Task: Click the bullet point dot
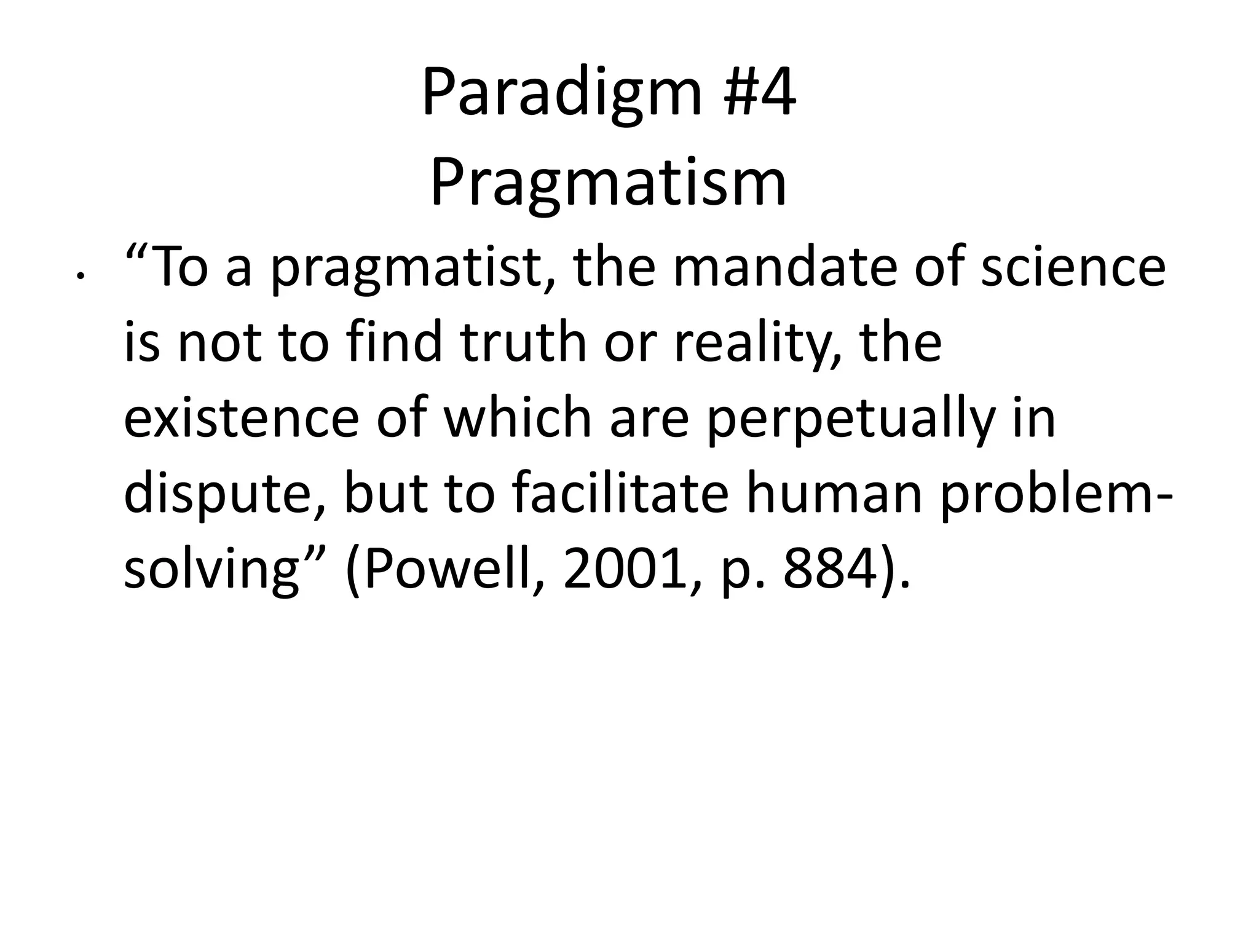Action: [79, 277]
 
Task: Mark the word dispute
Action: [224, 495]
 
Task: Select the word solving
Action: [211, 572]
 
